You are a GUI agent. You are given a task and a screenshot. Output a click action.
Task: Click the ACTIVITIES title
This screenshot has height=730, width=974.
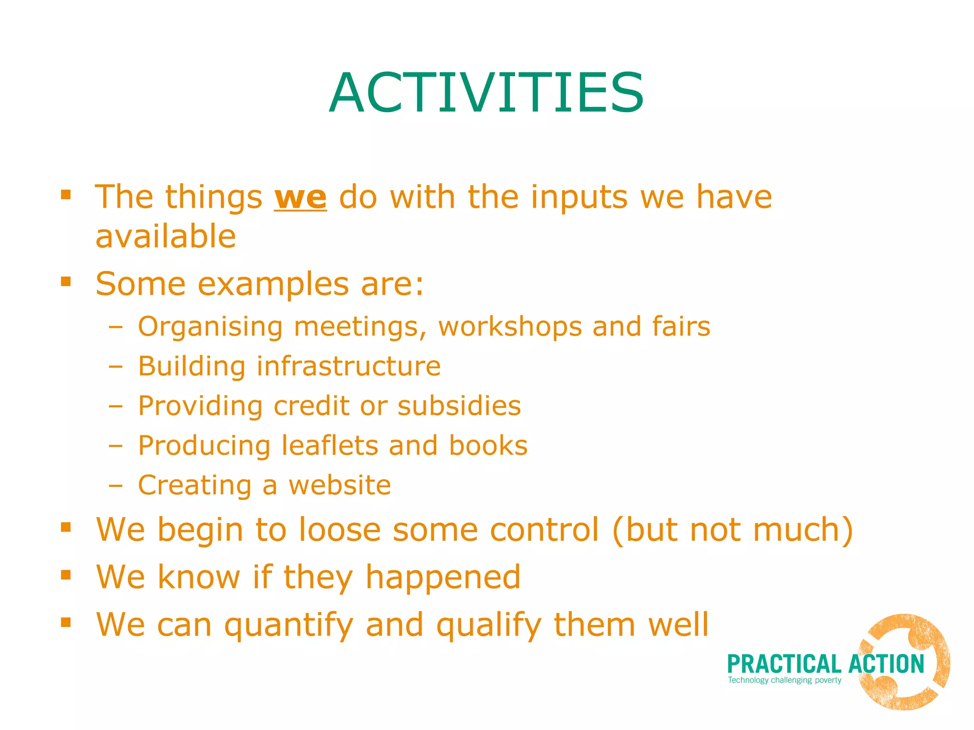[x=486, y=93]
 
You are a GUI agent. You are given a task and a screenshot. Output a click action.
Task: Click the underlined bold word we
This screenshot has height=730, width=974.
[x=300, y=198]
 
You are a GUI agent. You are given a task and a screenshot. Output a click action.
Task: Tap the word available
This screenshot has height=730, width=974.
[x=166, y=236]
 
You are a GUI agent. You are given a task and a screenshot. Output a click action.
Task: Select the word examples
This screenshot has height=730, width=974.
[x=273, y=284]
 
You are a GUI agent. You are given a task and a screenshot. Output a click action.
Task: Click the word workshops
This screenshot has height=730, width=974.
[x=510, y=327]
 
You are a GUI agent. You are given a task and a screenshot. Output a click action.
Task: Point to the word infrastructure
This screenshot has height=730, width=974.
[x=349, y=366]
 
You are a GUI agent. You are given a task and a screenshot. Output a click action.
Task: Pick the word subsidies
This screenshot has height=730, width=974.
[x=459, y=406]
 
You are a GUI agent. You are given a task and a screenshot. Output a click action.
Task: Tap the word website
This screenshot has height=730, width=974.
[x=340, y=485]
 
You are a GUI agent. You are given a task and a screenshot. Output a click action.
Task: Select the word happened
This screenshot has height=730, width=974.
[x=443, y=577]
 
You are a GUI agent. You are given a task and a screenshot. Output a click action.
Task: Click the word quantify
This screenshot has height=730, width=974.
[x=289, y=625]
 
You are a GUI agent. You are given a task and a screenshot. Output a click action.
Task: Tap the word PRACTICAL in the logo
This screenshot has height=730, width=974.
[x=784, y=664]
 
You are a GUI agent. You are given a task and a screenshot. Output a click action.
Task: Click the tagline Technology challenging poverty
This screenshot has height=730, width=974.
[x=784, y=680]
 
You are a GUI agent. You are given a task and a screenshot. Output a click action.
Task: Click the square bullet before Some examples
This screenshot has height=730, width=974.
[x=66, y=282]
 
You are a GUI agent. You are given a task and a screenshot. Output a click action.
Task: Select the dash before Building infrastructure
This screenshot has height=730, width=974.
[x=115, y=367]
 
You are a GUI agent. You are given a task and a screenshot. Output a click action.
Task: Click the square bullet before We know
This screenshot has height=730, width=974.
[x=66, y=575]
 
